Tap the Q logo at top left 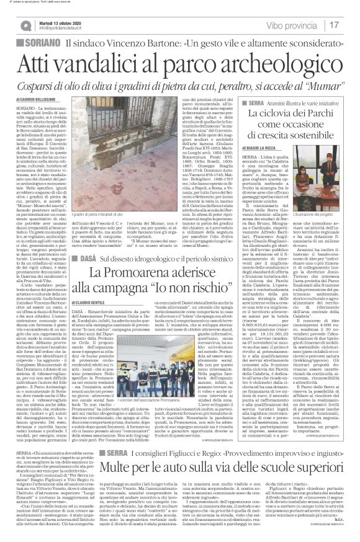point(25,25)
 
